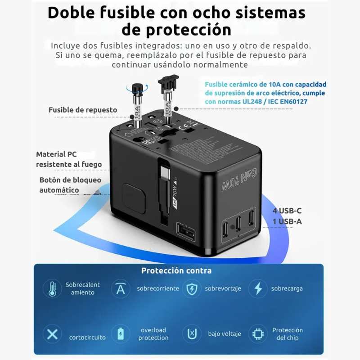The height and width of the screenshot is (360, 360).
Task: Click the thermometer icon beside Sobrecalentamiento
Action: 53,288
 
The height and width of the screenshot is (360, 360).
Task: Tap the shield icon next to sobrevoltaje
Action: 192,288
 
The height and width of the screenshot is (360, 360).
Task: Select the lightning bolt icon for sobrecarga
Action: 258,288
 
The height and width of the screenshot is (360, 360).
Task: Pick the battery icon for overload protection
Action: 121,334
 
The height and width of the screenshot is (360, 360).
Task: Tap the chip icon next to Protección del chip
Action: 258,334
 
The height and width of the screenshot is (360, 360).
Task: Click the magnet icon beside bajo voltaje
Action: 192,334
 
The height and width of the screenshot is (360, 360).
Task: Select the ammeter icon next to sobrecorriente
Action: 121,288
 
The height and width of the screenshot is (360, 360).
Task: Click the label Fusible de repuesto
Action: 83,110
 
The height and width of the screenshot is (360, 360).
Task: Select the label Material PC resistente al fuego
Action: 69,159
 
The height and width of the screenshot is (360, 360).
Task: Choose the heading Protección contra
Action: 176,270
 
